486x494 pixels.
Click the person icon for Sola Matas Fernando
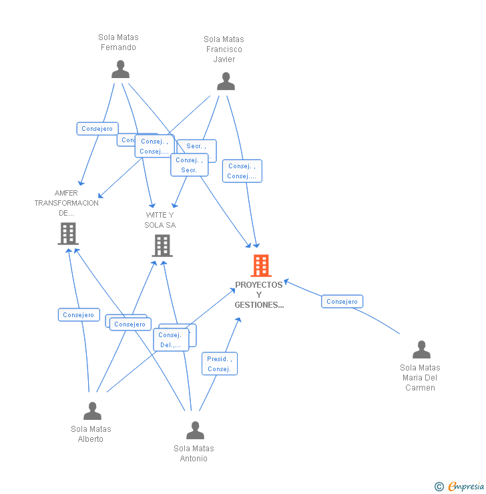point(120,69)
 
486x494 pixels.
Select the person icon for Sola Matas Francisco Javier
point(226,81)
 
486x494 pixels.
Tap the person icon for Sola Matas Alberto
point(92,411)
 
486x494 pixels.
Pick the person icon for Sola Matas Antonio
point(195,430)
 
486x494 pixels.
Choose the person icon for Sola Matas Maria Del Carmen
point(421,350)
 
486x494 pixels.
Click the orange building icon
point(260,266)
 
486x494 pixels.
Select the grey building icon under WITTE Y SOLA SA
point(162,246)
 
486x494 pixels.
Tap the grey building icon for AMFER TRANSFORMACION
point(67,234)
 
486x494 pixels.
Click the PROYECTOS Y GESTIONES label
point(259,295)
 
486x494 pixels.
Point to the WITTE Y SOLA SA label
point(160,220)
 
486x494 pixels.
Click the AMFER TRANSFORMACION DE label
point(66,203)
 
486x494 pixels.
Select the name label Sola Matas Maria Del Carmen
point(420,377)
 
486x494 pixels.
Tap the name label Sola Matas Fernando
point(118,42)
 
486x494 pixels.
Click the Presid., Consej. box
point(219,364)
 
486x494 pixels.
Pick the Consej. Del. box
point(171,340)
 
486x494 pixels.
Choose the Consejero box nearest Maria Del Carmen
point(342,302)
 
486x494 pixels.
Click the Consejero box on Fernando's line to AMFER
point(97,128)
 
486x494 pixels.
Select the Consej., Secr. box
point(190,165)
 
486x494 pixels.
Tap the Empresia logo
point(465,487)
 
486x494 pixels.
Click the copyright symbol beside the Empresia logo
point(439,487)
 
